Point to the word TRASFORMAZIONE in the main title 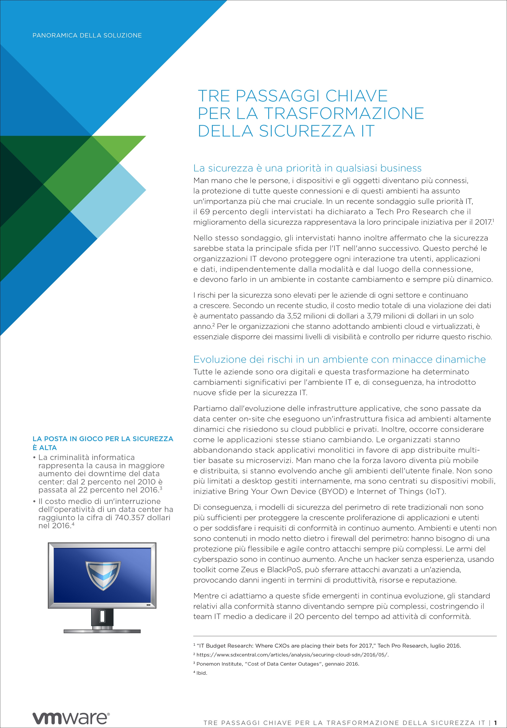coord(344,114)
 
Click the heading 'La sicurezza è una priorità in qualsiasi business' coord(307,168)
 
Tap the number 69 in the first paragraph coord(205,212)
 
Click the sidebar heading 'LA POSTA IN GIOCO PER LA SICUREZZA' coord(103,439)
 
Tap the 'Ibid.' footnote coord(202,673)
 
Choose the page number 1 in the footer coord(495,723)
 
